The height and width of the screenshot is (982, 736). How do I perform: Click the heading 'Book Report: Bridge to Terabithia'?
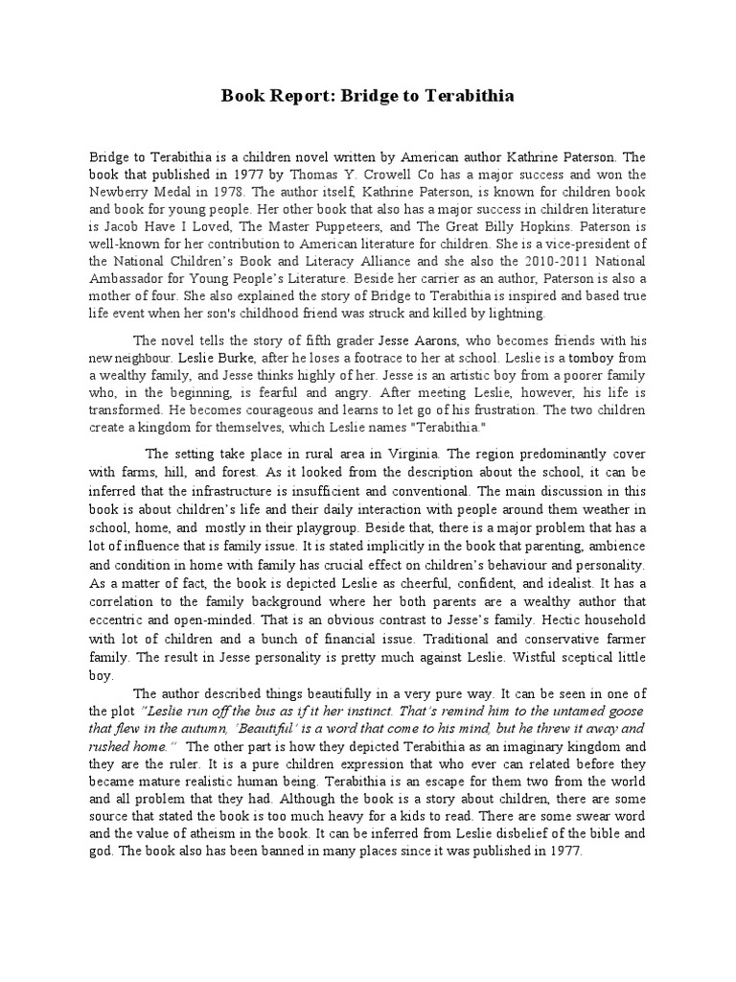(368, 96)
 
